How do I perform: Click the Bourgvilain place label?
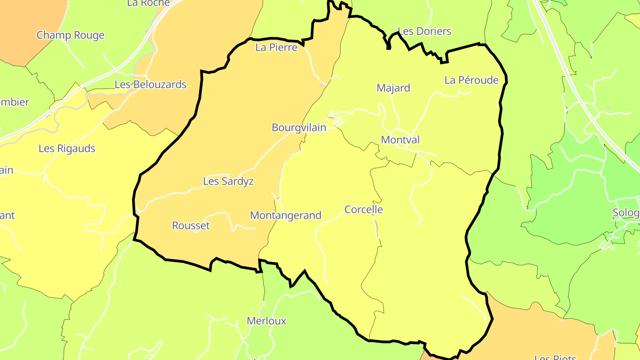299,128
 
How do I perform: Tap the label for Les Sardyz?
228,181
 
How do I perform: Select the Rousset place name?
191,226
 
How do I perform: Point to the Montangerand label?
285,216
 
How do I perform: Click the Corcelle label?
364,209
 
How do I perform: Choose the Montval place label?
400,140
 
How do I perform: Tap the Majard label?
393,88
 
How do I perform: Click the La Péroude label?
472,80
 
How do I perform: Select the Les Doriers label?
424,31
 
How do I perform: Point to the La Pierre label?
276,48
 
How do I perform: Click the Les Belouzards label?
150,84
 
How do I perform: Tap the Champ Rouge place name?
70,35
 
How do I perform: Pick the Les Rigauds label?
67,148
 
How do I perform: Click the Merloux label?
266,321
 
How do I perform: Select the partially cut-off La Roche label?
148,3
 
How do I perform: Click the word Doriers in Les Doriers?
432,31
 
